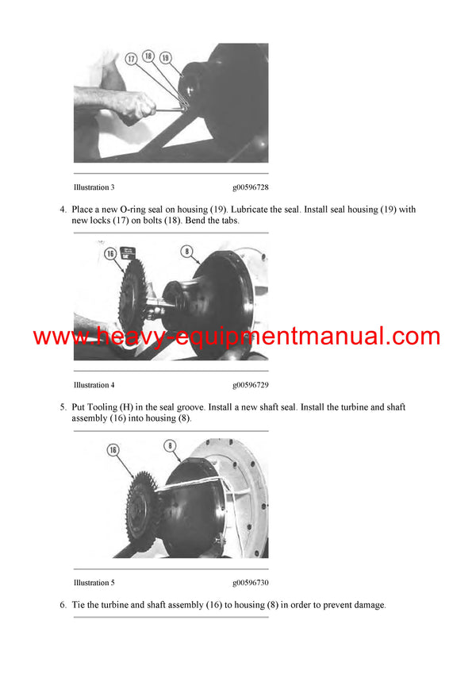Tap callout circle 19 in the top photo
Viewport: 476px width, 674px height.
point(165,58)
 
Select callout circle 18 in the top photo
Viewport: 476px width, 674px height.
point(148,58)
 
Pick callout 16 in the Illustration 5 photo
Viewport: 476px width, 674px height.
point(113,449)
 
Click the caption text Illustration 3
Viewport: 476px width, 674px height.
point(94,188)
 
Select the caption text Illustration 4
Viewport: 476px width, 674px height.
point(94,385)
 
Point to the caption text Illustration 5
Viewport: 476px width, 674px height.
point(94,583)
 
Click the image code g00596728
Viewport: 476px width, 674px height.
point(250,188)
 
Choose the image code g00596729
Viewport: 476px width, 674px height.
point(250,385)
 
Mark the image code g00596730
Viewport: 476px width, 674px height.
point(250,583)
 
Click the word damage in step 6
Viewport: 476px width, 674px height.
point(364,605)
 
